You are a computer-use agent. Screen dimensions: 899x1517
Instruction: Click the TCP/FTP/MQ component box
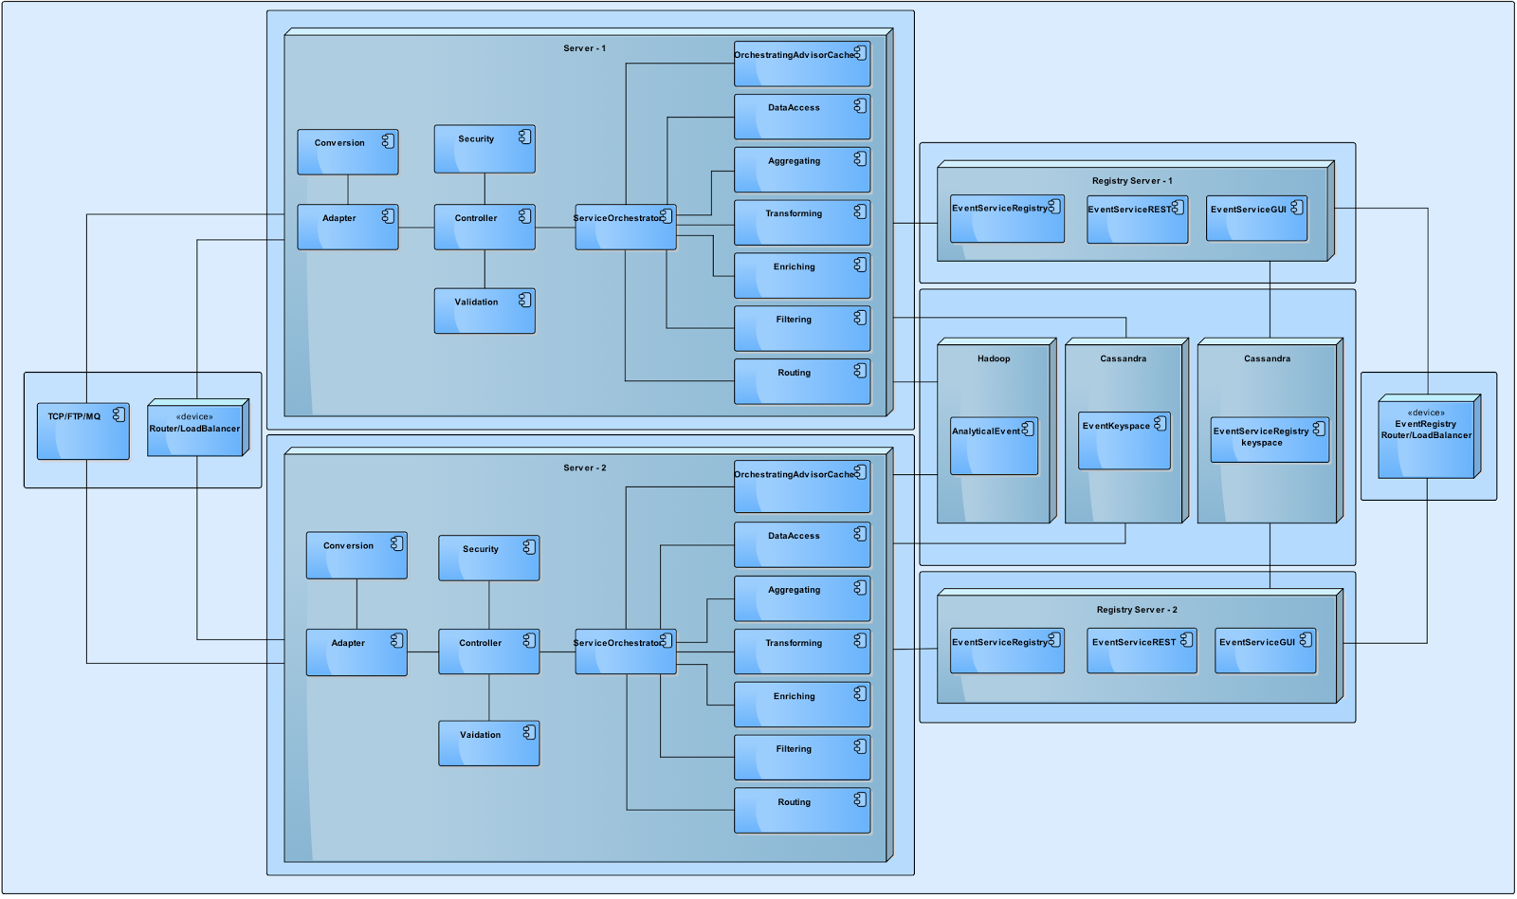(82, 431)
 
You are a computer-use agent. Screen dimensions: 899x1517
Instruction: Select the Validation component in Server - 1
(484, 311)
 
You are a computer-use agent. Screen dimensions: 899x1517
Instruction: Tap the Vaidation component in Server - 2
(488, 743)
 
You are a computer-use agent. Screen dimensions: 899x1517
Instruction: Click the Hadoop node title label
(993, 358)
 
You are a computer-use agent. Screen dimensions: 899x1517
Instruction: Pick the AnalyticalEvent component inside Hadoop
(993, 446)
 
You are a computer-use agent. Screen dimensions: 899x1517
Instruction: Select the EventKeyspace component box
(1124, 440)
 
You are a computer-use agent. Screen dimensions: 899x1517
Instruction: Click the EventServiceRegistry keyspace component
(1269, 440)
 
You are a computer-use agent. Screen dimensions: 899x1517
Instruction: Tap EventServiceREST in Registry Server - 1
(1136, 220)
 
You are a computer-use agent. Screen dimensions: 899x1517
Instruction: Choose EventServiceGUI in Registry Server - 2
(1265, 651)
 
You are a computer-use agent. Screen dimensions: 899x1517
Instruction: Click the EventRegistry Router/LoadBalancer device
(1426, 436)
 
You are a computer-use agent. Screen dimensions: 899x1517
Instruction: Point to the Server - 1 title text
(584, 48)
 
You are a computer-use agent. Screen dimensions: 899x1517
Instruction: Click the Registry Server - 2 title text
(1136, 610)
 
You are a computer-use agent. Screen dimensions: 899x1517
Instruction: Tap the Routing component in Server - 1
(801, 381)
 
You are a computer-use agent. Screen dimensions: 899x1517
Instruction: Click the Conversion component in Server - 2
(356, 556)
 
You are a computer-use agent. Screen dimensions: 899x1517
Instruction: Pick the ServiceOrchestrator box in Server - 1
(625, 228)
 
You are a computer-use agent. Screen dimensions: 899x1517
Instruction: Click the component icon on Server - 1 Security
(524, 138)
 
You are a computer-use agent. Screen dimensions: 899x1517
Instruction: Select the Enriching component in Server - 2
(801, 705)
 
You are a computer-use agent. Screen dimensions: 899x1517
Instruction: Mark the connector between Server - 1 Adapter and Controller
(416, 228)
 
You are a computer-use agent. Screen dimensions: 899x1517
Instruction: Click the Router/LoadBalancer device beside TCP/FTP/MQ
(196, 429)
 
